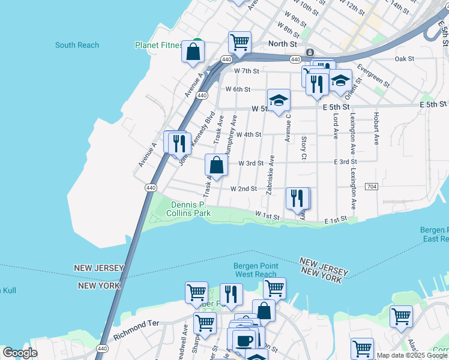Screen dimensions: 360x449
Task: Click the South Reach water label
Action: pyautogui.click(x=77, y=45)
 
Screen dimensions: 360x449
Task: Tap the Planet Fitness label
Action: pyautogui.click(x=159, y=45)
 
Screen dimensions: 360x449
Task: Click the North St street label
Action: pyautogui.click(x=283, y=44)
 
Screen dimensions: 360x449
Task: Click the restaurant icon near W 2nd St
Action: pyautogui.click(x=297, y=198)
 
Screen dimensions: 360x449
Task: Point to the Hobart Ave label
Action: pyautogui.click(x=376, y=128)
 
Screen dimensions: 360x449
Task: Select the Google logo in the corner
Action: pyautogui.click(x=20, y=353)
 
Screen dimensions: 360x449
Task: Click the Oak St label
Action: pyautogui.click(x=405, y=59)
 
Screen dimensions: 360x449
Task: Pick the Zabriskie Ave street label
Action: pyautogui.click(x=271, y=175)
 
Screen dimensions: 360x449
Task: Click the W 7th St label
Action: pyautogui.click(x=247, y=71)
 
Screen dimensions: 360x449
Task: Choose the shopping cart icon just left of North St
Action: pyautogui.click(x=239, y=43)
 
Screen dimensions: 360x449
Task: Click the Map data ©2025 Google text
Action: pyautogui.click(x=412, y=355)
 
